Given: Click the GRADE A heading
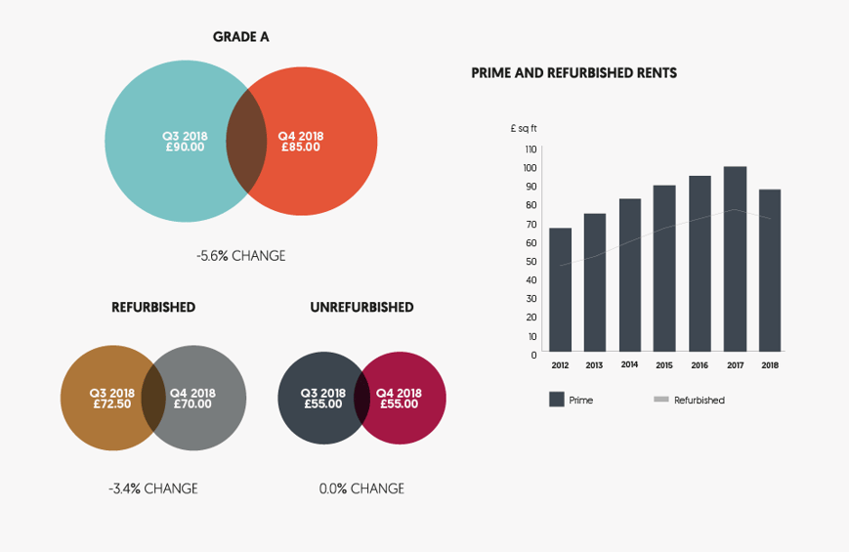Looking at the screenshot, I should [240, 37].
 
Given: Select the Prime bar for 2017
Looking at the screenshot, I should [735, 259].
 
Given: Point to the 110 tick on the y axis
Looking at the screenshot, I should [531, 149].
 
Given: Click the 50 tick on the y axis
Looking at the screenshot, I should [531, 261].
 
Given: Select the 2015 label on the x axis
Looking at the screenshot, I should [664, 365].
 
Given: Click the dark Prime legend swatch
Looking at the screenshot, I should [557, 399].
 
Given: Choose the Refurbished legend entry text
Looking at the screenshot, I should [699, 400].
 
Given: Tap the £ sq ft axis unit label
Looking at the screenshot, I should [524, 128].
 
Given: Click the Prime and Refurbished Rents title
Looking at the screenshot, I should [573, 73].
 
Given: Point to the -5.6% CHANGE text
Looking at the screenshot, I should [240, 256].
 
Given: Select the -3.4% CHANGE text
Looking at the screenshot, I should [153, 488].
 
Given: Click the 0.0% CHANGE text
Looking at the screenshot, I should [361, 488].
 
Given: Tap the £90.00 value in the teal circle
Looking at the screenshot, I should [184, 148].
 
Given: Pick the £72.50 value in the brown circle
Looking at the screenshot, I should [111, 403].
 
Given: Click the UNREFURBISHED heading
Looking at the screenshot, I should [361, 308].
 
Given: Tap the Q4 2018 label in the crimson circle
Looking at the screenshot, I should [399, 393].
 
